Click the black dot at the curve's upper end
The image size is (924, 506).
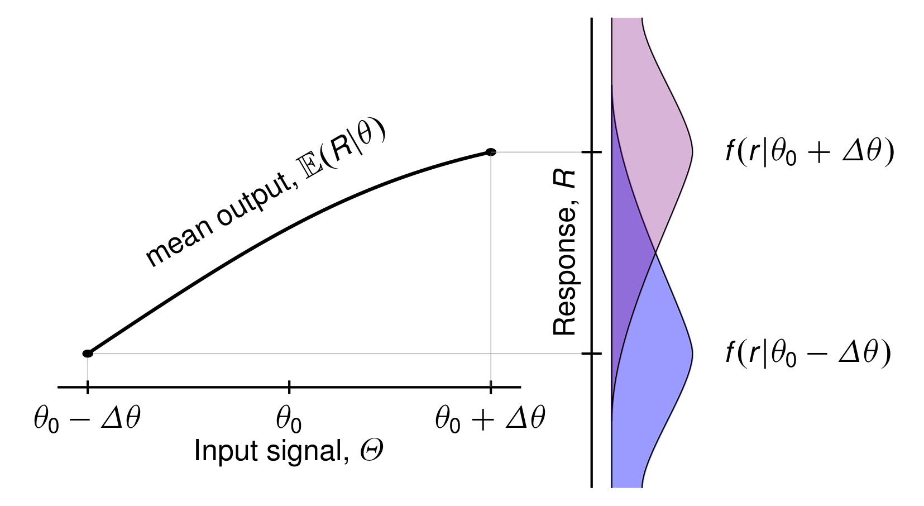[491, 152]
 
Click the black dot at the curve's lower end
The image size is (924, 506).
[88, 354]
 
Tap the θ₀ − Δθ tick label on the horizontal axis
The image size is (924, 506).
[87, 418]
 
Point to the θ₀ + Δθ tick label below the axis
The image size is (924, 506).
[490, 418]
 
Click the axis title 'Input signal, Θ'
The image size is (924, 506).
[288, 451]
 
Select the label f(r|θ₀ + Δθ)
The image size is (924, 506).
[809, 151]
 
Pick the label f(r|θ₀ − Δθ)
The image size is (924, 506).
[807, 353]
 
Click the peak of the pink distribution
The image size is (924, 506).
[691, 152]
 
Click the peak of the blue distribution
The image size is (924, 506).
[691, 354]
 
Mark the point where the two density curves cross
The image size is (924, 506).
[655, 253]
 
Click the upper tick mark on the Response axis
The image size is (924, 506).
[592, 152]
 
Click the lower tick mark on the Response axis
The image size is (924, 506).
[592, 354]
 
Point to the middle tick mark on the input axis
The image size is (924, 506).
[289, 385]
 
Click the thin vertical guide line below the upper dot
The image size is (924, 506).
[491, 268]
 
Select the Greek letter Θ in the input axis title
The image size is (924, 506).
[371, 451]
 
